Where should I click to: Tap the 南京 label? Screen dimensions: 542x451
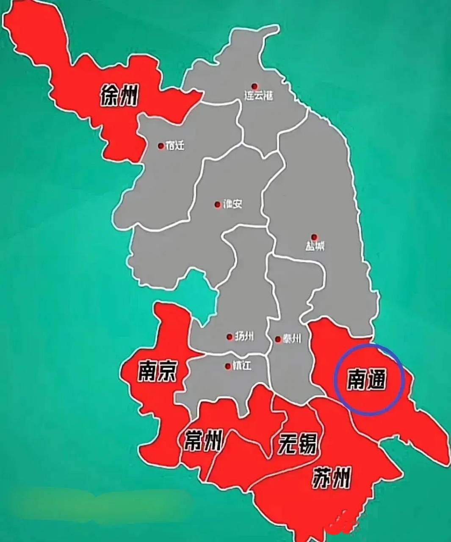pos(157,371)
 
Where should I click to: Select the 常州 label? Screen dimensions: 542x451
pos(203,441)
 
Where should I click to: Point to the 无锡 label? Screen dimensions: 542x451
pos(297,444)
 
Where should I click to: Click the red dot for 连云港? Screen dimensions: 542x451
pos(254,86)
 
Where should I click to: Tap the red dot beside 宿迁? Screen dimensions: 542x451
pos(161,146)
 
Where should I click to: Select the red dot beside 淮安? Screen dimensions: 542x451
pos(218,205)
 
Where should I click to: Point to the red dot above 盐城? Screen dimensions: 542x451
pos(314,237)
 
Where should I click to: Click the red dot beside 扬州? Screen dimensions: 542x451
pos(230,337)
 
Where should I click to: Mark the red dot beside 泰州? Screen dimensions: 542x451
pos(278,339)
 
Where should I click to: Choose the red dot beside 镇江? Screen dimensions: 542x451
pos(228,366)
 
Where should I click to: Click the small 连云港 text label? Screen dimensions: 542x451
pos(258,96)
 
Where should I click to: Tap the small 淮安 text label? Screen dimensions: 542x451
pos(232,205)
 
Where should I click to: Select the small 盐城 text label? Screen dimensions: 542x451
pos(315,246)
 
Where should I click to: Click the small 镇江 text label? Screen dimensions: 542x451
pos(242,366)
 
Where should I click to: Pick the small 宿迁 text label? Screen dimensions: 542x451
pos(175,146)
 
